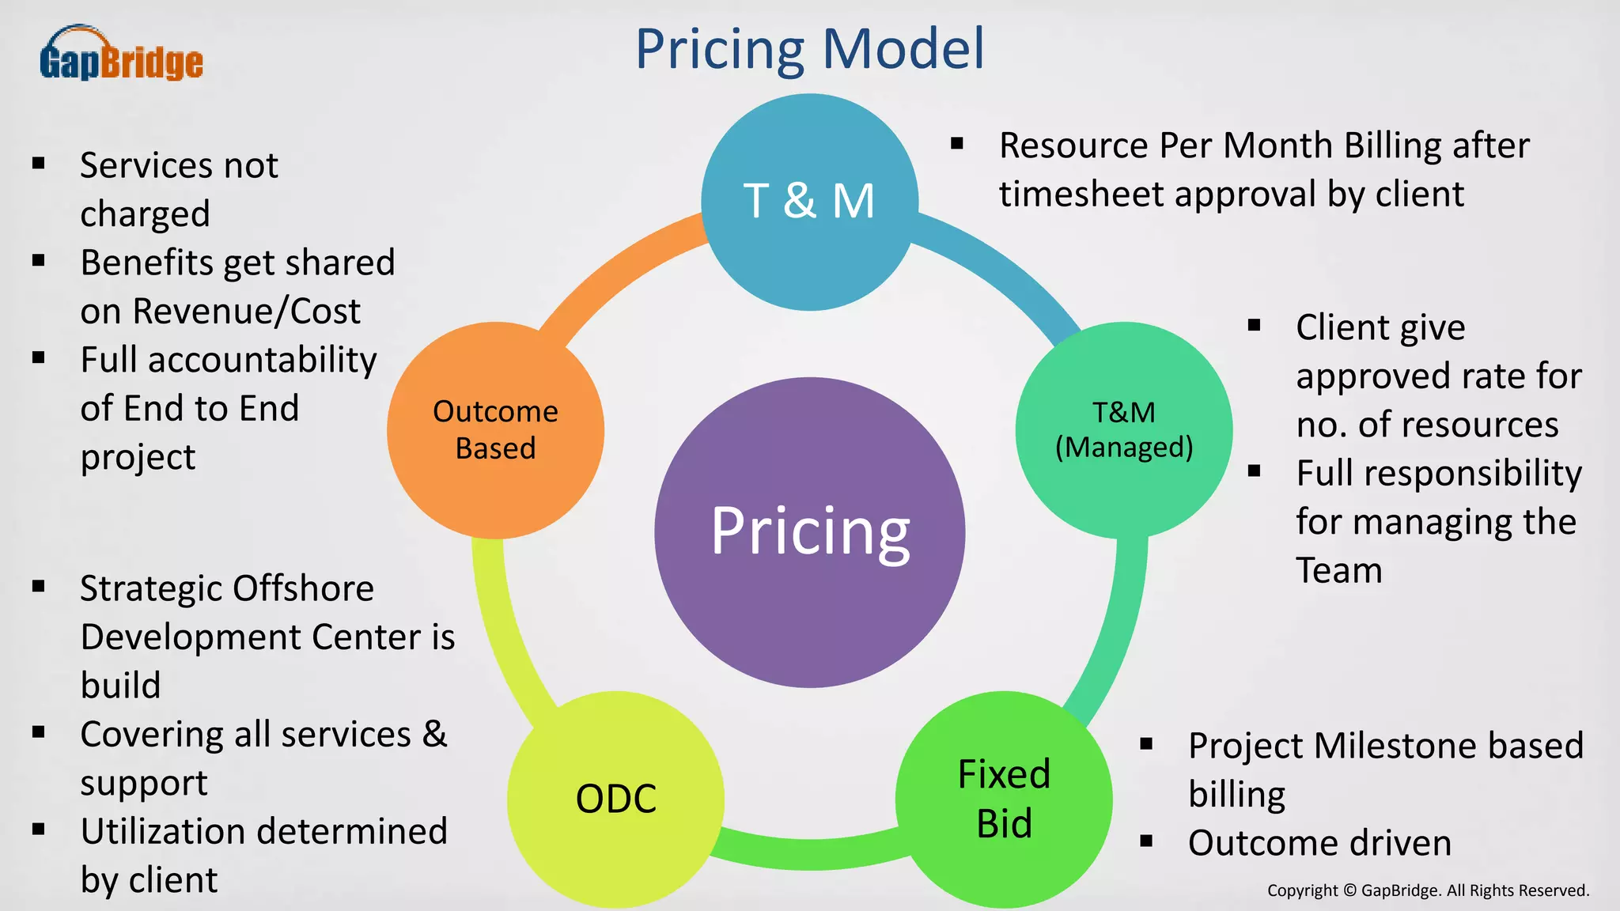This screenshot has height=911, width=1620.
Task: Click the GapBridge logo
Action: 121,54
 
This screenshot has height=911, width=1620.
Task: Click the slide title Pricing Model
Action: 809,49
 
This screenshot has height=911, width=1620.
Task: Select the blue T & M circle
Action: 809,202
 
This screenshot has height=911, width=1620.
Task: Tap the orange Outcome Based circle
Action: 495,430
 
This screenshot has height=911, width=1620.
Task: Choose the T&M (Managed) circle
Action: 1123,430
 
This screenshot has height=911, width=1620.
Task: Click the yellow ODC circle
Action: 615,799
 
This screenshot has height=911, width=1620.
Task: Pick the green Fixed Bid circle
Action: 1004,799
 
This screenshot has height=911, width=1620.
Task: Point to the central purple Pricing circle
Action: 809,531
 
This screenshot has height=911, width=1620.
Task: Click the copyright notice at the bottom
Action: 1428,890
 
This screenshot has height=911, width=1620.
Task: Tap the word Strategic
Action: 150,589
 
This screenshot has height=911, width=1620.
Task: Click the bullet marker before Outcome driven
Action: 1146,841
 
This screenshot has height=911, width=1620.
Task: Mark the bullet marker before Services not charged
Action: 38,164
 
